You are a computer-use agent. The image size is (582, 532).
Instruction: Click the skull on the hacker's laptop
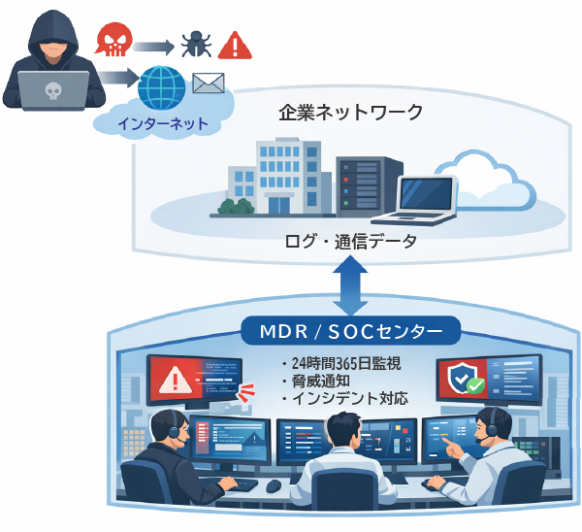pos(53,92)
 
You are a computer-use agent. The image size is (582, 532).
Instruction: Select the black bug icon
pos(193,43)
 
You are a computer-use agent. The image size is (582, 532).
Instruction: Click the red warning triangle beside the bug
pos(235,44)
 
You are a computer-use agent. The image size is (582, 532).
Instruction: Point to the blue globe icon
pos(162,87)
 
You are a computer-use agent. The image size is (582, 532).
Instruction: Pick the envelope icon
pos(209,83)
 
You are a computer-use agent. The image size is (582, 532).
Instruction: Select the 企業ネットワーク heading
pos(350,113)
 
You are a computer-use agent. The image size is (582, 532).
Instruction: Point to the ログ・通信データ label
pos(351,241)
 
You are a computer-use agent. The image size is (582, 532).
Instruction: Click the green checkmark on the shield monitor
pos(475,386)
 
